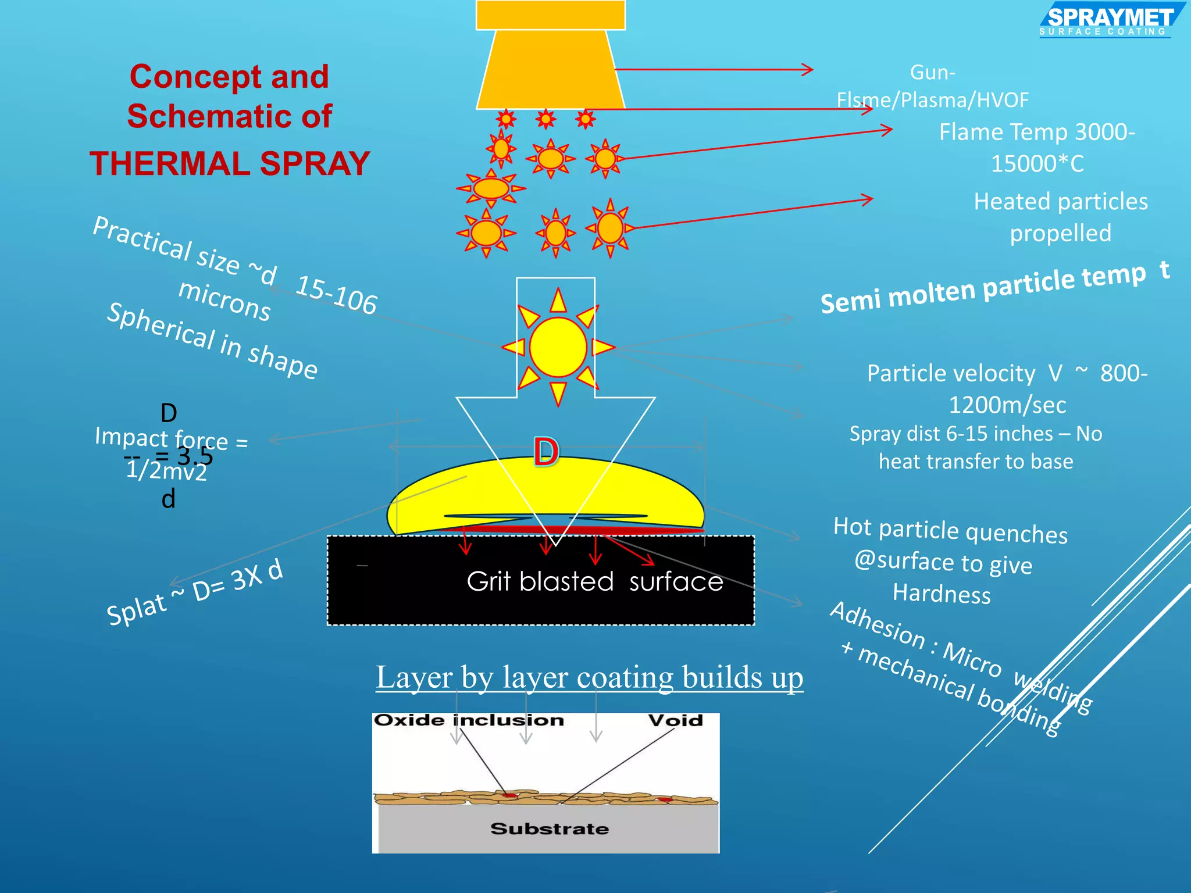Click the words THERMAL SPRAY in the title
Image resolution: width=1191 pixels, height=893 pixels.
(230, 163)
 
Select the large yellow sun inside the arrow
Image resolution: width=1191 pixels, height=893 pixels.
(558, 347)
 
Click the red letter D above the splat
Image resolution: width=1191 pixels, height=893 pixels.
(546, 452)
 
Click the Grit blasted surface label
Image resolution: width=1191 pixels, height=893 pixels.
(594, 581)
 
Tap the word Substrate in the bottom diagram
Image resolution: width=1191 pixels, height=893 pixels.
(550, 828)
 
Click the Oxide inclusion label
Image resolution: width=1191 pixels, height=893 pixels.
(469, 720)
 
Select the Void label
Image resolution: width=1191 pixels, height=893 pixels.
(676, 721)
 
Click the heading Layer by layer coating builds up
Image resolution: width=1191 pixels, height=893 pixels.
(589, 677)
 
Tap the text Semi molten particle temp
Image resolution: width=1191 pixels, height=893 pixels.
(983, 288)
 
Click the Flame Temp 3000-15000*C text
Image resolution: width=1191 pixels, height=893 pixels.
(1037, 148)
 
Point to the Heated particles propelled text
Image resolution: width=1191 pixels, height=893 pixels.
(1060, 217)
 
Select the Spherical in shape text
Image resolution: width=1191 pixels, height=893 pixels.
(212, 341)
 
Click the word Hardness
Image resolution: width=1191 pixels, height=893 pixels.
(942, 594)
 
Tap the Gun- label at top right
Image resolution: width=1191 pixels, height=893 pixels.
(932, 73)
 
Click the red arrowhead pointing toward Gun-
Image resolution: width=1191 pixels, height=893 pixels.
(808, 70)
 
